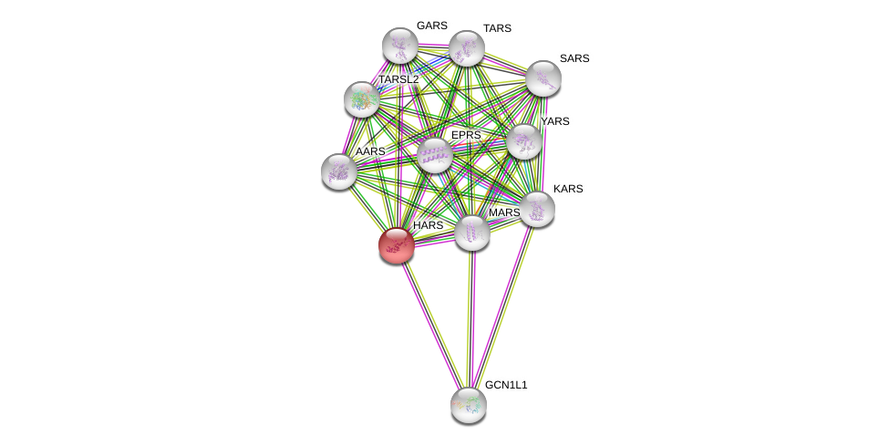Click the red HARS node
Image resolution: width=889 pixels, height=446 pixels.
pos(397,244)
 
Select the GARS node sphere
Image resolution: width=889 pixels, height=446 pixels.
pos(399,45)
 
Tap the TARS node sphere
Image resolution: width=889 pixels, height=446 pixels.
pos(466,48)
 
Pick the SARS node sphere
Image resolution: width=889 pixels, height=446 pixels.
pos(543,78)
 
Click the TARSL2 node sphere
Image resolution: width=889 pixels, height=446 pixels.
pos(362,99)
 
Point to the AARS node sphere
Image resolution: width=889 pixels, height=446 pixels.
pos(338,171)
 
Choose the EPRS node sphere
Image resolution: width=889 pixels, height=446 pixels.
pos(435,155)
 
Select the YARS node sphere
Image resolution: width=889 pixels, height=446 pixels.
pos(523,141)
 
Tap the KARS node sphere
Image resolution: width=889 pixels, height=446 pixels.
pos(537,208)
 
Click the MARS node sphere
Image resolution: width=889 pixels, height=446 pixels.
pos(471,233)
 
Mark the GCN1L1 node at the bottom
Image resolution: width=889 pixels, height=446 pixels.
pos(468,404)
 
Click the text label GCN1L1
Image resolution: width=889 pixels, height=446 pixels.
pos(506,385)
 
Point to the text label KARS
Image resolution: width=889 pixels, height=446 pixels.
pos(568,189)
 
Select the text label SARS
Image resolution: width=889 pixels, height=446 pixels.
pos(574,58)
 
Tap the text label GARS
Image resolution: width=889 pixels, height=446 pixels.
pos(431,26)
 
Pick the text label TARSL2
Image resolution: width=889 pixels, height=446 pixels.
pos(398,79)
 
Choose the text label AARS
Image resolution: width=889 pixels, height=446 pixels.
pos(370,151)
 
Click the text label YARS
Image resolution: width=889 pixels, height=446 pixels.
pos(554,121)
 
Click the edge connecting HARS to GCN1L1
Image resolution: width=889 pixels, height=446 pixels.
pos(432,325)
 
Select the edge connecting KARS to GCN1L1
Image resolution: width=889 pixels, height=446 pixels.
pos(502,306)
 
